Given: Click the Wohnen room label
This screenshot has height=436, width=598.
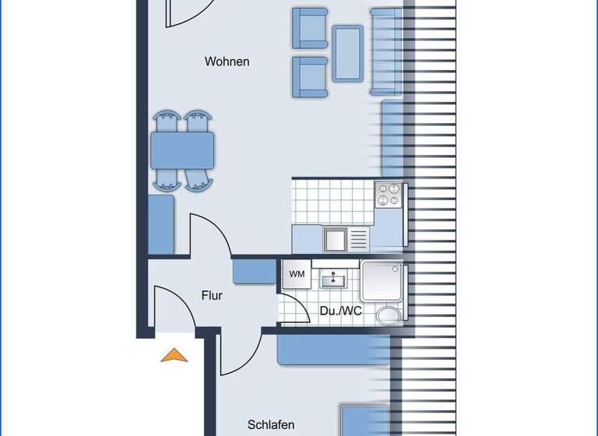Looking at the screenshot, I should coord(227,62).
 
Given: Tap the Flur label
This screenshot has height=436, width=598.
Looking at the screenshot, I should coord(212,296).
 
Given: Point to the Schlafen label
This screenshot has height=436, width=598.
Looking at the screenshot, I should coord(271,425).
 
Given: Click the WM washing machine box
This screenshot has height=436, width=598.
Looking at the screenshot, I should coord(297,274).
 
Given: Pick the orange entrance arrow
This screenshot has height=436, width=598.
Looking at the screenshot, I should coord(174,355).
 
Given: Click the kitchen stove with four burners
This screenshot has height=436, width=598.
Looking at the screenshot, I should coord(389,195).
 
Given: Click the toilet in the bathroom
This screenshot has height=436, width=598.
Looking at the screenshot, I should coord(388,315).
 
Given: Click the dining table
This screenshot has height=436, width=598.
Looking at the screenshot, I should coord(183,151).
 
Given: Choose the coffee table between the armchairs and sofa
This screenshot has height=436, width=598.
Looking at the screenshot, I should coord(347,53).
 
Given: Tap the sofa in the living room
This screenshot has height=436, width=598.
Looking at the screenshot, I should coord(386,52).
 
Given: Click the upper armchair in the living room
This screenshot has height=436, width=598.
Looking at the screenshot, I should coord(309,27).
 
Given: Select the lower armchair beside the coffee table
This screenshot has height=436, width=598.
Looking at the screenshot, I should coord(309,77).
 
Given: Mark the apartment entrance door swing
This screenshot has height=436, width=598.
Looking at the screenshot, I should coord(173,308).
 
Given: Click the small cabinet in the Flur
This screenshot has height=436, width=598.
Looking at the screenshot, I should coord(254,270).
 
